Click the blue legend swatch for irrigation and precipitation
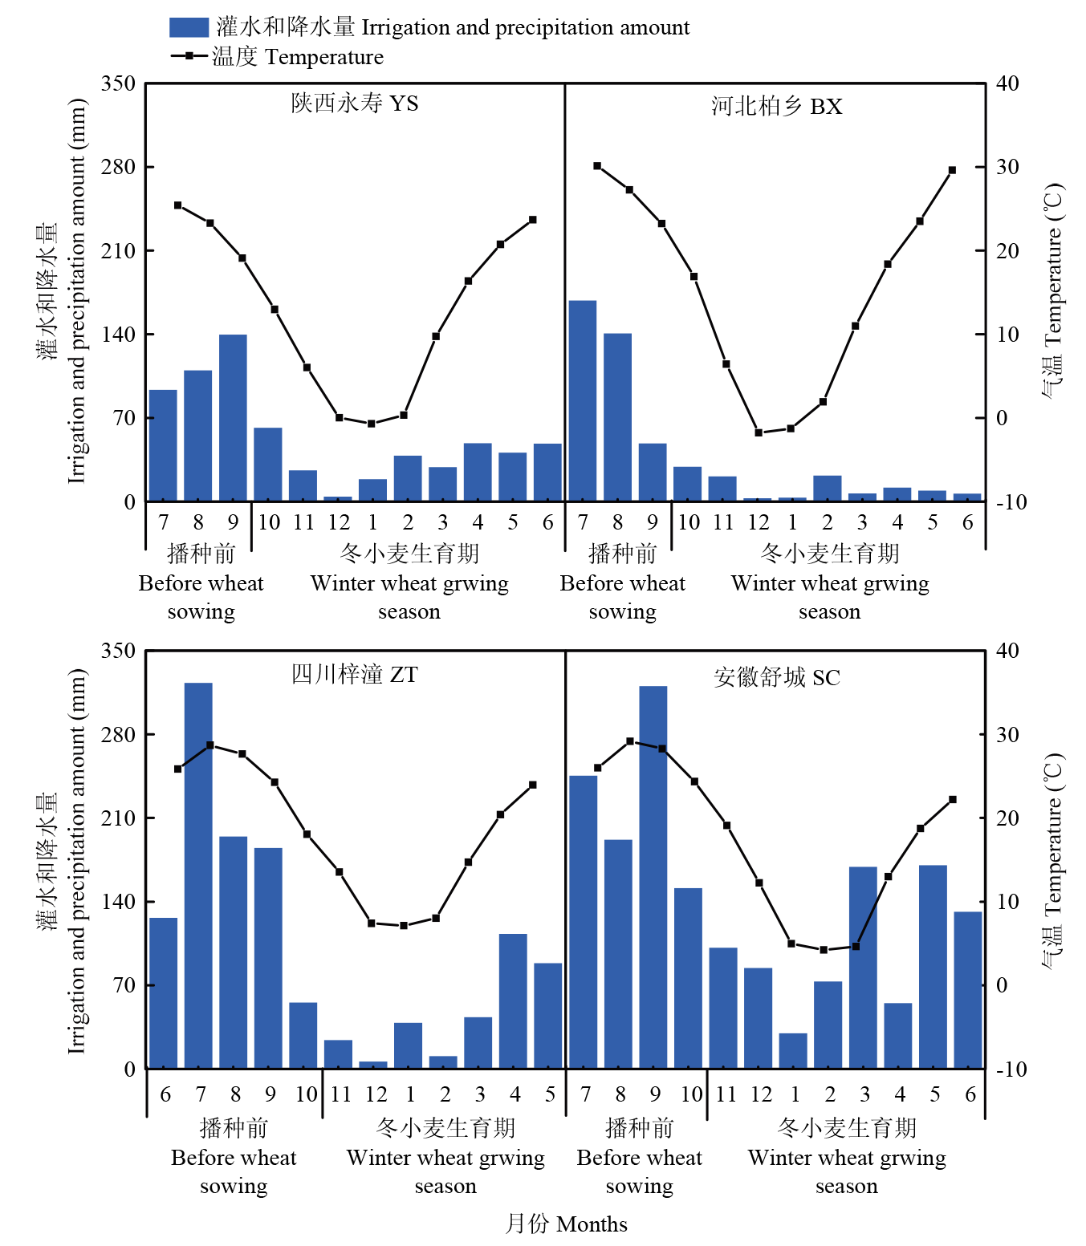(189, 27)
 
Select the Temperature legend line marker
(189, 56)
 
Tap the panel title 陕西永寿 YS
(355, 103)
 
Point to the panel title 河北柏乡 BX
(776, 106)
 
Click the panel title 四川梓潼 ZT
(354, 674)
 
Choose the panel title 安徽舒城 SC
(776, 677)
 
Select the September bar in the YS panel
(233, 418)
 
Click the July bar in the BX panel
(583, 401)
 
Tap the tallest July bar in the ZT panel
(198, 875)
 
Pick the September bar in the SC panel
(653, 877)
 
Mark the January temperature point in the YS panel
(372, 424)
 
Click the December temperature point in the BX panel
(759, 432)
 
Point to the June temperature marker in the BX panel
(952, 170)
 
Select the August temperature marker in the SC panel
(630, 741)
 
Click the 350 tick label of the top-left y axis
(118, 83)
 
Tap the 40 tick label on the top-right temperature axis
(1007, 83)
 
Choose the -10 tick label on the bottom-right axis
(1011, 1069)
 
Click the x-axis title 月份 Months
(566, 1224)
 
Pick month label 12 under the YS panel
(339, 522)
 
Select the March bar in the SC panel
(863, 967)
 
